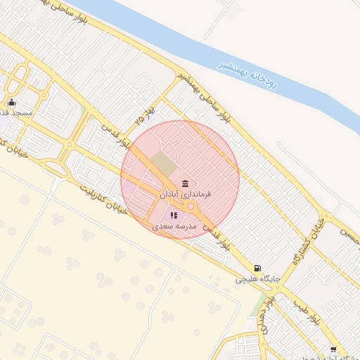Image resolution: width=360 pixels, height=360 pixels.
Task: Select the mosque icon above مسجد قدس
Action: (x=11, y=103)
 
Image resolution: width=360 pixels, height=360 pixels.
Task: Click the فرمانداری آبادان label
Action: (x=186, y=193)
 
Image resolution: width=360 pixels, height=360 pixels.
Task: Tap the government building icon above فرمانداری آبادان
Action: (x=185, y=183)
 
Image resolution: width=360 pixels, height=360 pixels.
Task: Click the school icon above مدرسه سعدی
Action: (x=174, y=215)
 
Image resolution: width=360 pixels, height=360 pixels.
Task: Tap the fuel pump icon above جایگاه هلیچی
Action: (x=258, y=268)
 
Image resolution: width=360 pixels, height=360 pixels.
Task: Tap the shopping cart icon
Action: (x=333, y=349)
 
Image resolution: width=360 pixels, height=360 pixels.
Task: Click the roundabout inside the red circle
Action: (x=191, y=206)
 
